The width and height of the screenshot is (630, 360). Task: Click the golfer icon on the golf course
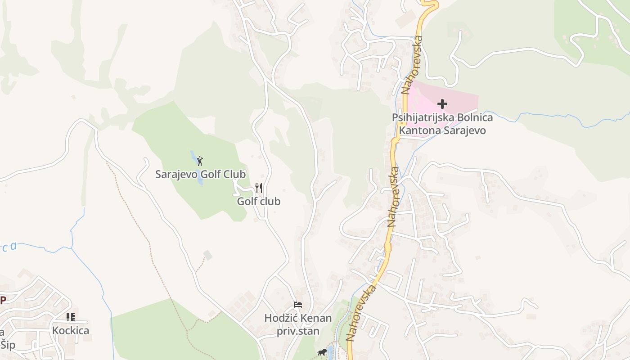(200, 161)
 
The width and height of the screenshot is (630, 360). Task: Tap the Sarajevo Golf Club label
(201, 174)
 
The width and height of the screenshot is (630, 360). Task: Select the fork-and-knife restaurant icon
(259, 188)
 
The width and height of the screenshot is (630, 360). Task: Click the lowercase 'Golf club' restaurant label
(259, 201)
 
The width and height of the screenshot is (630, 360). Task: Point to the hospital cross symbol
(442, 104)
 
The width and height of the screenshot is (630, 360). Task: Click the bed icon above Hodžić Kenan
(297, 305)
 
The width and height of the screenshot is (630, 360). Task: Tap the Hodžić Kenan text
(298, 318)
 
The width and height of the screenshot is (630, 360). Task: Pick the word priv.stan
(298, 332)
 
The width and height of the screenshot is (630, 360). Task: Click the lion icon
(322, 352)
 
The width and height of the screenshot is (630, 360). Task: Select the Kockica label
(71, 331)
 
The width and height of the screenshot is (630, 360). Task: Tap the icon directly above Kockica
(71, 317)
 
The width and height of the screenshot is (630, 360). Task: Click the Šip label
(8, 345)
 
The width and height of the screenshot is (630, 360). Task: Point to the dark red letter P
(3, 300)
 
